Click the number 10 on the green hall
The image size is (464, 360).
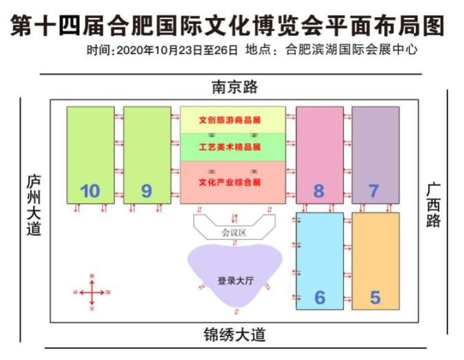90,191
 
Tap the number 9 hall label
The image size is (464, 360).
146,191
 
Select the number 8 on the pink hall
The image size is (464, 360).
318,191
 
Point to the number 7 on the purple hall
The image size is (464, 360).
374,191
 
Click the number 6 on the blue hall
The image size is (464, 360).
319,298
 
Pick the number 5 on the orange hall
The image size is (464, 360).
375,298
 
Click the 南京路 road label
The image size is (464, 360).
234,88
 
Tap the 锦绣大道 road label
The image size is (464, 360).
234,336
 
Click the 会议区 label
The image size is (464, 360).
233,232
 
